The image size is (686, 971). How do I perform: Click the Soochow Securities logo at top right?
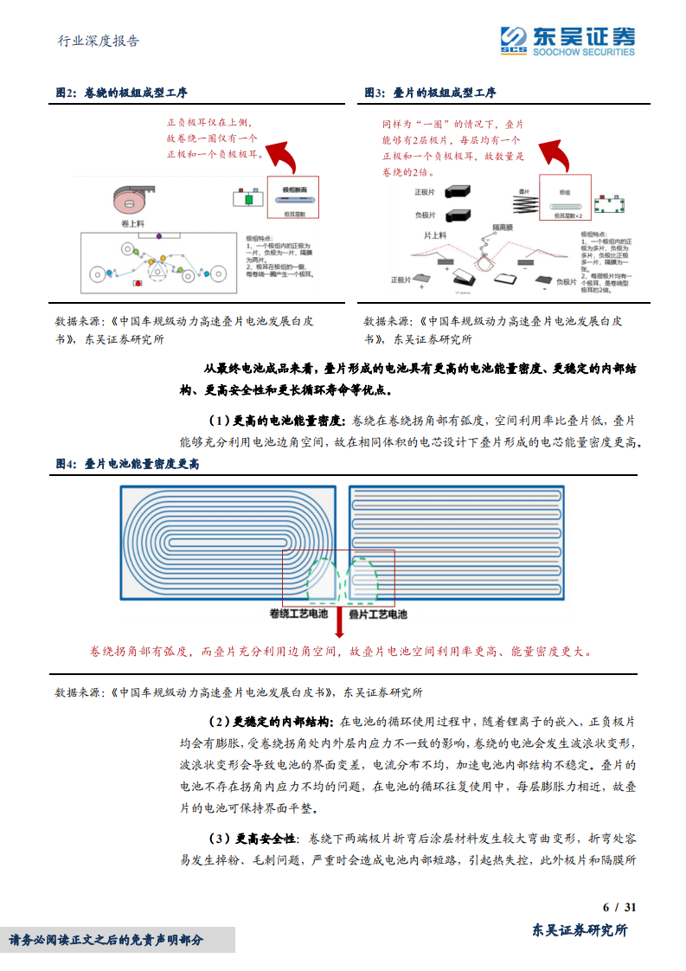point(567,39)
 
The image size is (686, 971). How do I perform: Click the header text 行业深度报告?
point(98,41)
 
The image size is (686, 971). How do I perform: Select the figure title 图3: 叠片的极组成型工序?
point(430,93)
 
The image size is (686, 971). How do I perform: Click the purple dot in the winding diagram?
point(158,235)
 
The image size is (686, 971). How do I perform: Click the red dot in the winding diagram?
point(136,283)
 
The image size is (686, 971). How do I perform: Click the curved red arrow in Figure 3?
point(554,157)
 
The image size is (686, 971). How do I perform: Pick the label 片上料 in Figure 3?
point(435,235)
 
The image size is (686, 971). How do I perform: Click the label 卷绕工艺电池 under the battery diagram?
point(299,614)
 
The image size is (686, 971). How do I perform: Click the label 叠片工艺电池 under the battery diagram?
point(377,614)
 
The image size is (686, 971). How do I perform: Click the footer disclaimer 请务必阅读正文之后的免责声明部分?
point(106,940)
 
